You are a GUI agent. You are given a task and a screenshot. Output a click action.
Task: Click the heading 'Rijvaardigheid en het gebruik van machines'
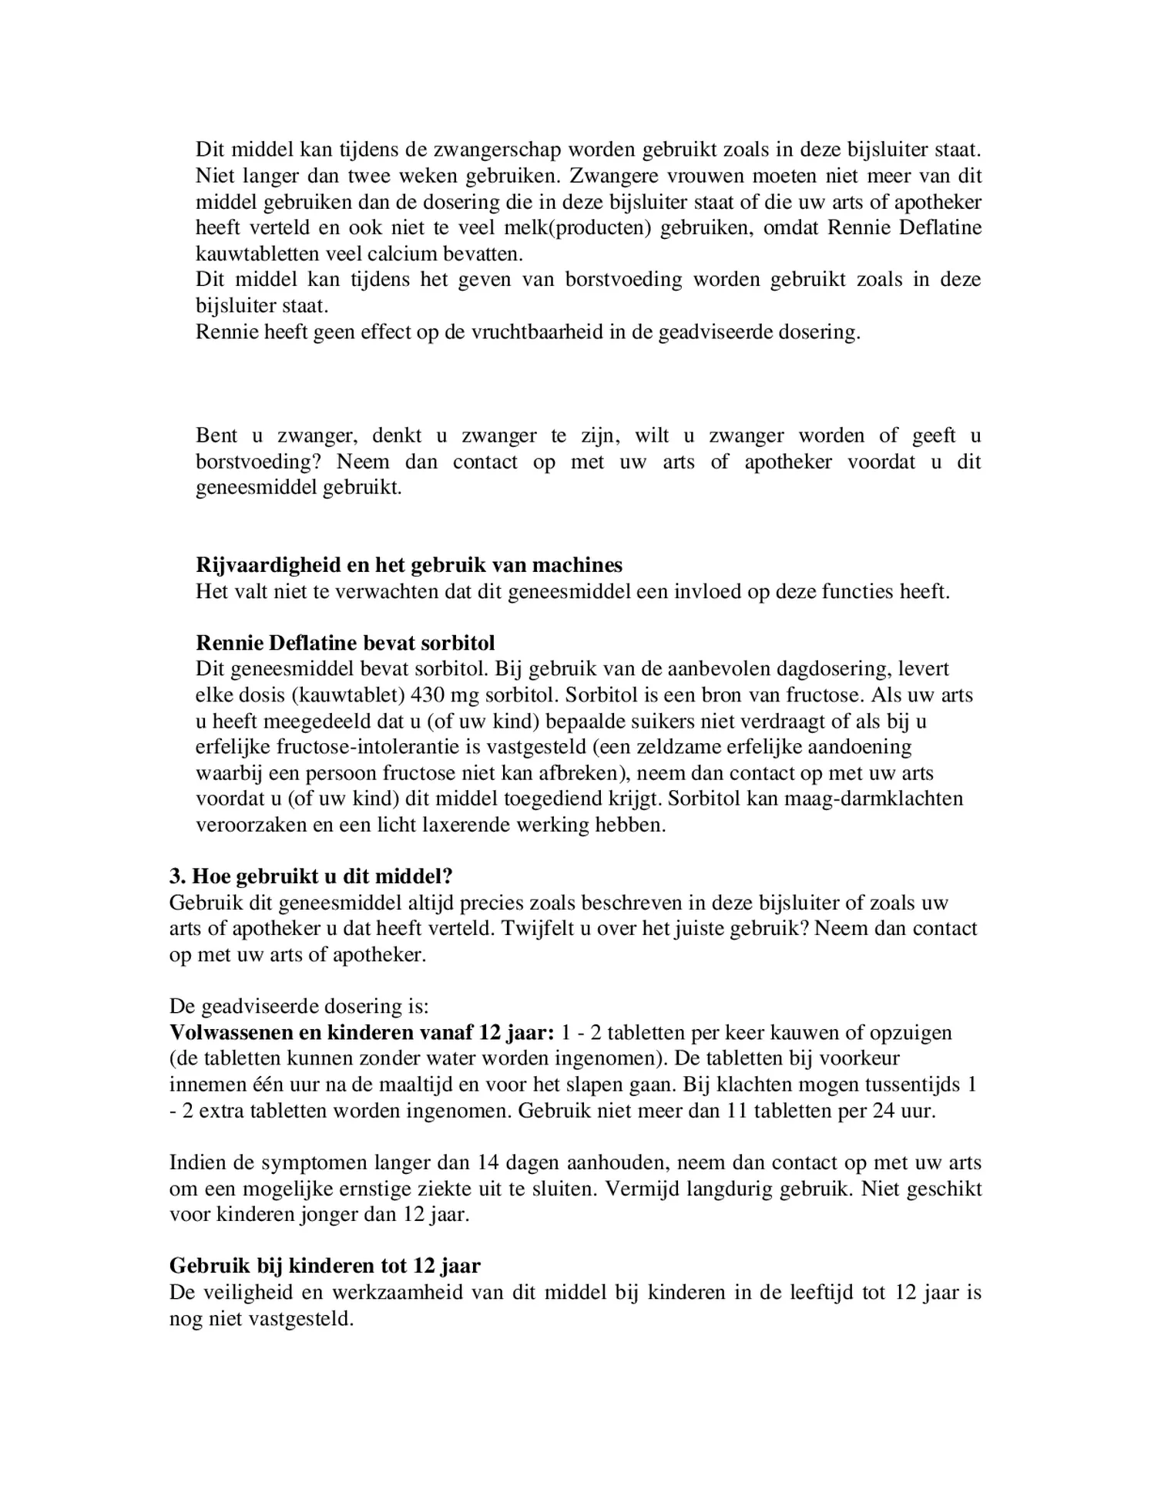coord(408,565)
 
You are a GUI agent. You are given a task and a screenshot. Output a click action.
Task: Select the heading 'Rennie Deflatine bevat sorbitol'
coord(345,643)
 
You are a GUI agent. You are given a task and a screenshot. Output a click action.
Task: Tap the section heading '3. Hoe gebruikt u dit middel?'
coord(310,876)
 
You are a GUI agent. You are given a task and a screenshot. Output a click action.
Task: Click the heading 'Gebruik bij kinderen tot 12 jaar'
coord(324,1266)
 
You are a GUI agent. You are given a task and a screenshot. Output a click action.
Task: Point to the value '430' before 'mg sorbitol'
coord(427,695)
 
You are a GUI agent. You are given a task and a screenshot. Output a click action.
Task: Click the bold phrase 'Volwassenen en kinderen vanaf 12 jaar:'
coord(361,1033)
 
